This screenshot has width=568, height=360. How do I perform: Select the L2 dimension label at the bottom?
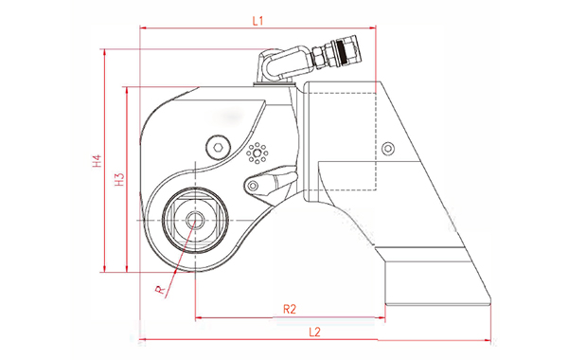(x=317, y=331)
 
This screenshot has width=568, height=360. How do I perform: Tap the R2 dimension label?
(x=291, y=309)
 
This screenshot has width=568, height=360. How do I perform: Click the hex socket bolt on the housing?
(x=217, y=147)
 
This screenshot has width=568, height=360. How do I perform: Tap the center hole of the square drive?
(x=195, y=220)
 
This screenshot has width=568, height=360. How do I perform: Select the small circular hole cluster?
(x=256, y=153)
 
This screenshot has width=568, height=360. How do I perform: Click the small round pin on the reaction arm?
(x=386, y=147)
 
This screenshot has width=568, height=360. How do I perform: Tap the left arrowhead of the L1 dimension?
(x=143, y=28)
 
